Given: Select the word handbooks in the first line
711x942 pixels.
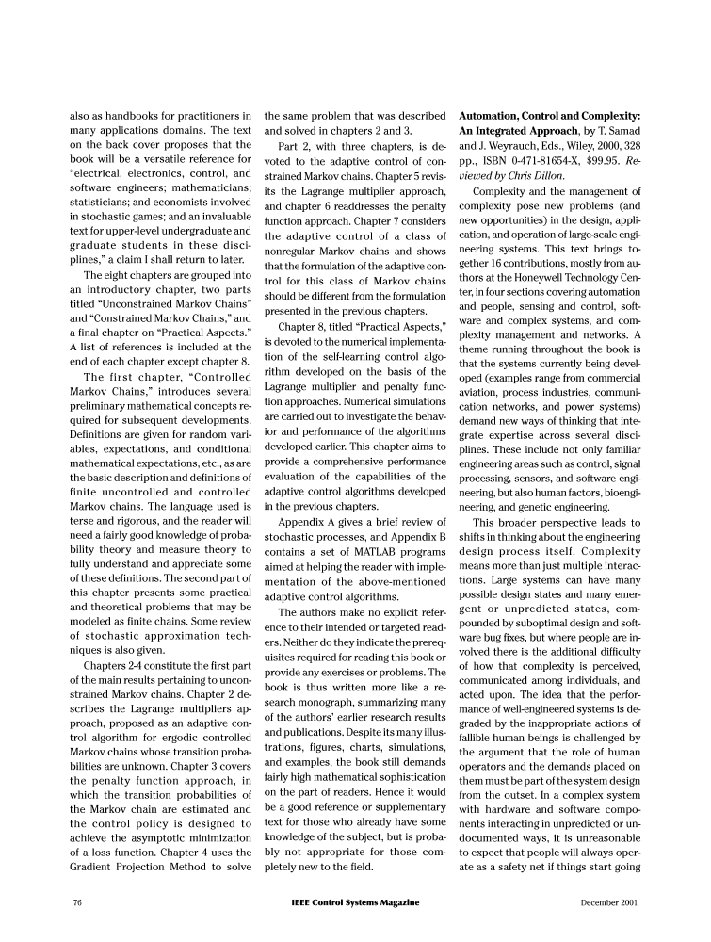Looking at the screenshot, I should [x=121, y=115].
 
